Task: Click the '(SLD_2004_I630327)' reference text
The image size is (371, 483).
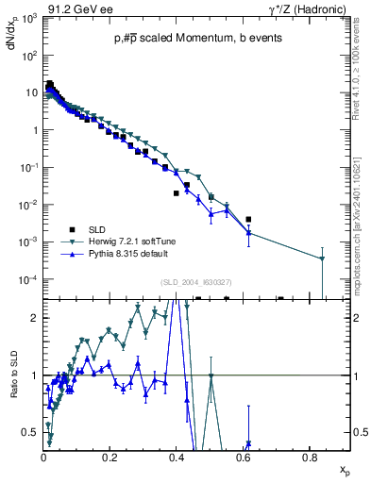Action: (x=198, y=281)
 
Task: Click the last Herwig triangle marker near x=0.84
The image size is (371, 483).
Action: (x=322, y=258)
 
